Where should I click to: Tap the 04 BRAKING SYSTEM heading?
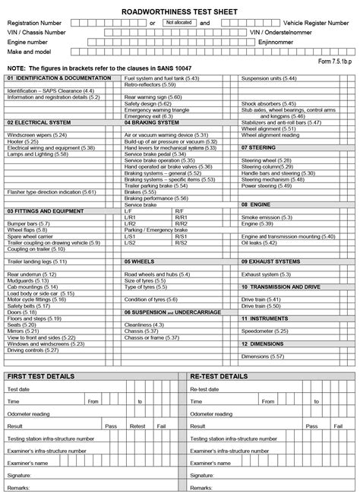pos(152,122)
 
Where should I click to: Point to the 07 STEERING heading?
pos(260,147)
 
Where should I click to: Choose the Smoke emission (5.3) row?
pos(266,217)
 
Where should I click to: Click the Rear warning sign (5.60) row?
pos(153,97)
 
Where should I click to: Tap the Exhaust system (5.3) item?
pos(264,274)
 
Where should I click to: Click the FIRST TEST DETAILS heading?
pos(41,376)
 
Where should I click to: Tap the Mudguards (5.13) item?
pos(27,280)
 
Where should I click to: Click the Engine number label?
pos(27,43)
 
